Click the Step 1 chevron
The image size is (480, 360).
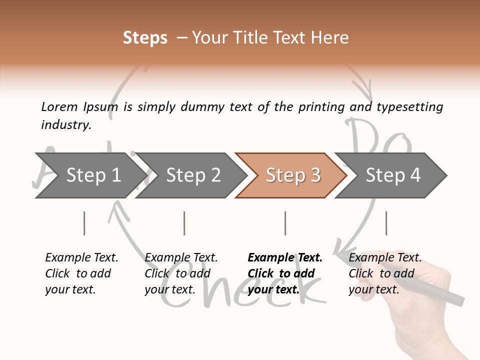90,175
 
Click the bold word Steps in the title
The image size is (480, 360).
145,38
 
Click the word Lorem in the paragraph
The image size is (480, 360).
59,107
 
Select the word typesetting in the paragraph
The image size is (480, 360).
409,107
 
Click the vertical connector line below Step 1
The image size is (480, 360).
84,223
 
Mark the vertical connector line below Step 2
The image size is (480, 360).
184,223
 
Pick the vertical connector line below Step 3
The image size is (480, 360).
285,223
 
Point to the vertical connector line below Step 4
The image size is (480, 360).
386,223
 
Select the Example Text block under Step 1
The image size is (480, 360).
81,273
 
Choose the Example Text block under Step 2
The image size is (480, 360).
181,273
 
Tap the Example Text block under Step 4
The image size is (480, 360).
385,273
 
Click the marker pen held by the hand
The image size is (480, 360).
440,292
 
